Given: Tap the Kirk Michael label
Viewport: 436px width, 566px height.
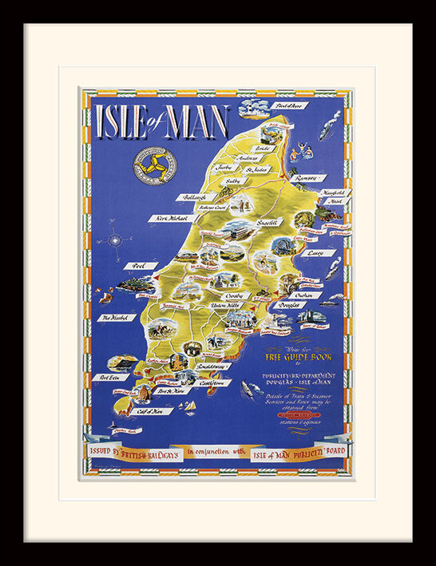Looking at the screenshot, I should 172,217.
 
